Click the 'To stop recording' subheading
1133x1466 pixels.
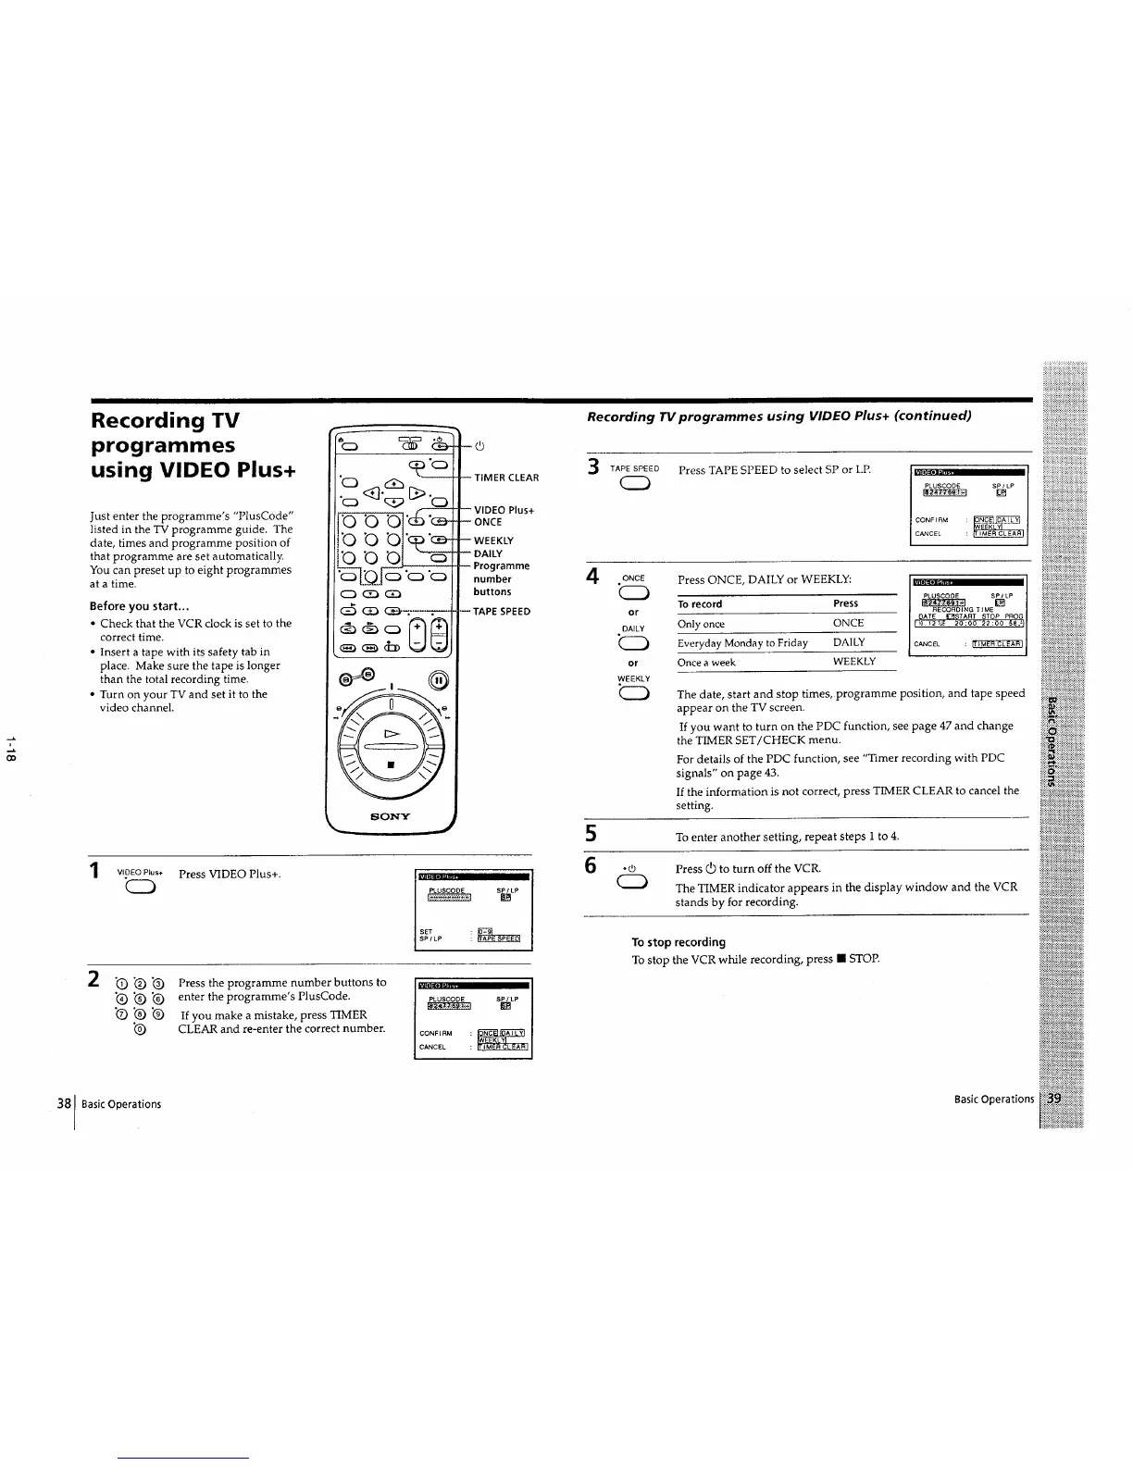678,942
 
